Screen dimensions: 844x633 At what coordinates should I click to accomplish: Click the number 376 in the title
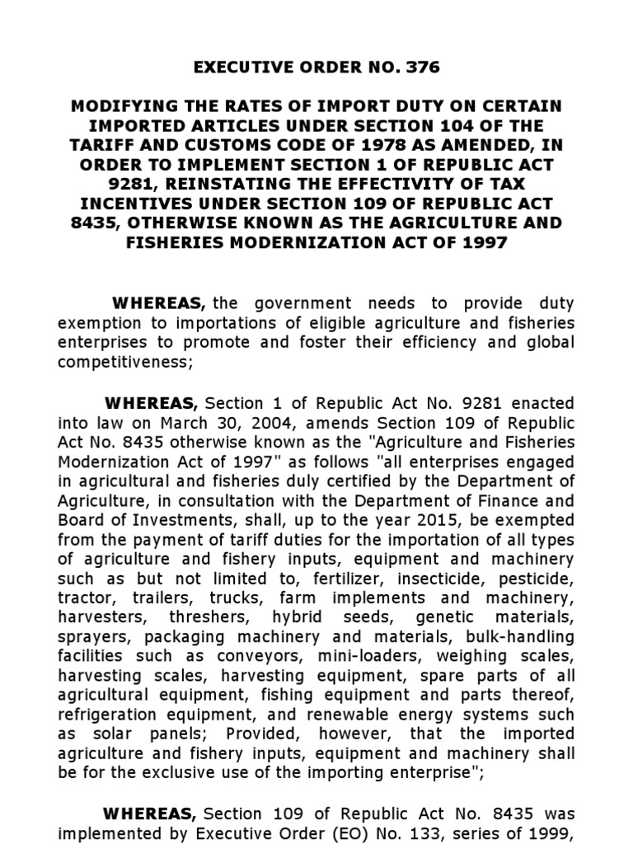tap(422, 68)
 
